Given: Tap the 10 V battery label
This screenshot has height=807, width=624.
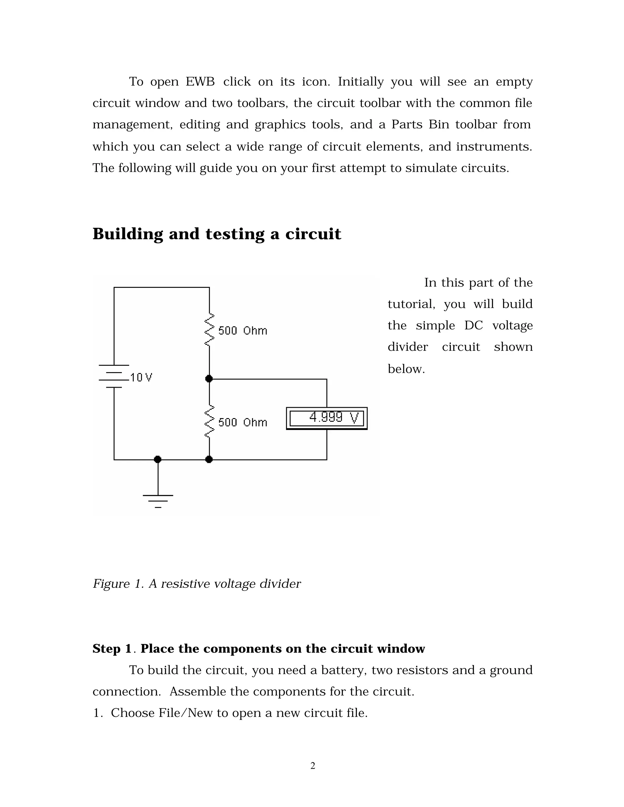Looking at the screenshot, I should pyautogui.click(x=141, y=377).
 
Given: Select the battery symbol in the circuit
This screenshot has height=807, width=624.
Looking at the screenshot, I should pyautogui.click(x=114, y=376).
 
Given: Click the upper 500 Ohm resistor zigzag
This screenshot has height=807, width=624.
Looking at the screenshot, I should pyautogui.click(x=209, y=329).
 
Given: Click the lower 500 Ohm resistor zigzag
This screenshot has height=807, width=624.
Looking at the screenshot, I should pyautogui.click(x=209, y=421).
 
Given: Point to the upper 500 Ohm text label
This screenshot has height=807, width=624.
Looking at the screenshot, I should pyautogui.click(x=243, y=330).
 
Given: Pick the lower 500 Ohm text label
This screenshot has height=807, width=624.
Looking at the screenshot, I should pyautogui.click(x=243, y=422).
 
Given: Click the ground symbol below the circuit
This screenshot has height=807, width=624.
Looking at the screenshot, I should pyautogui.click(x=158, y=500).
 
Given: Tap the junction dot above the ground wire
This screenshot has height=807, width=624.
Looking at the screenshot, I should pyautogui.click(x=158, y=459).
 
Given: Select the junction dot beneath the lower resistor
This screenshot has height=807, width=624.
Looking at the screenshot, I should pyautogui.click(x=209, y=459).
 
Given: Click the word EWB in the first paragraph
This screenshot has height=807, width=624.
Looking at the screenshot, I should pyautogui.click(x=200, y=82).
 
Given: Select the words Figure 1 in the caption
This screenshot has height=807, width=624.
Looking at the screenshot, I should pyautogui.click(x=118, y=584).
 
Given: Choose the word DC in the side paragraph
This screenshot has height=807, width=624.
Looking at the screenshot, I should pyautogui.click(x=473, y=326).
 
